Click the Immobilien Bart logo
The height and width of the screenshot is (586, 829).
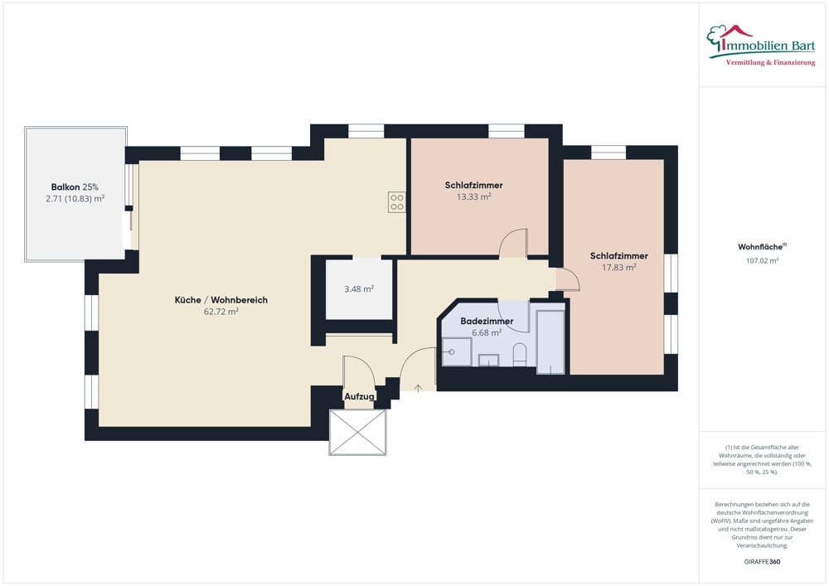click(x=762, y=41)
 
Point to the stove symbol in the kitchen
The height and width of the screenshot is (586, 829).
click(x=396, y=202)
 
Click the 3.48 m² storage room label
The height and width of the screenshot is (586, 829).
click(x=359, y=289)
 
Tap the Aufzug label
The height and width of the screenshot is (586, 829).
click(x=360, y=398)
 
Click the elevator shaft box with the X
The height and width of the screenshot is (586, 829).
click(x=358, y=432)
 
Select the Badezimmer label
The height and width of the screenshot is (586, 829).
click(x=487, y=321)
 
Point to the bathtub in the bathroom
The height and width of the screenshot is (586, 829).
click(x=550, y=341)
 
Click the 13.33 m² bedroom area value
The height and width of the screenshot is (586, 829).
click(x=473, y=197)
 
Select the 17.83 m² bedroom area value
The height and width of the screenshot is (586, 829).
click(x=618, y=268)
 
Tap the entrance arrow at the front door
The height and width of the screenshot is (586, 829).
click(x=419, y=386)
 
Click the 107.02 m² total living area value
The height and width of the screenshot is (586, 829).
click(x=763, y=260)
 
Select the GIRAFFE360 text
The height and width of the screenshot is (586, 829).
click(x=763, y=562)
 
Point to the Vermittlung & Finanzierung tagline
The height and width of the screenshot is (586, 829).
click(x=770, y=63)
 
